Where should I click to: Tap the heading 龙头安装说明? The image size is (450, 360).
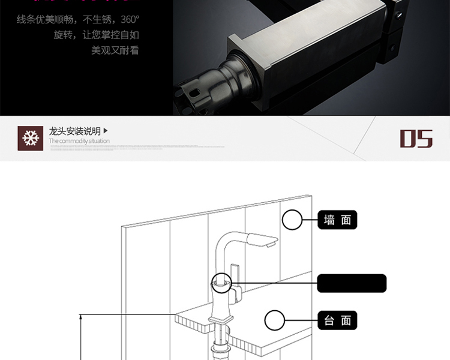[75, 131]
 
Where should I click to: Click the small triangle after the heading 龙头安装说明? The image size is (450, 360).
[106, 130]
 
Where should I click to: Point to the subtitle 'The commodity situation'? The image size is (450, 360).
[79, 142]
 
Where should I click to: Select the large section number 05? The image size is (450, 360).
[416, 139]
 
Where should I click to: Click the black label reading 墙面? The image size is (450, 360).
[337, 220]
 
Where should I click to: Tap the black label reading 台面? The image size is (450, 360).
[337, 320]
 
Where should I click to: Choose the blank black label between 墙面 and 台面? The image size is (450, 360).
[352, 283]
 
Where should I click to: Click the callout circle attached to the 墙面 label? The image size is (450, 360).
[292, 220]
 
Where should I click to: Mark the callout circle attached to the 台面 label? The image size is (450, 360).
[275, 320]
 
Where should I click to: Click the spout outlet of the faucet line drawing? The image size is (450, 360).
[269, 244]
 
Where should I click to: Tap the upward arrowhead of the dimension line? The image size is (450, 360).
[80, 316]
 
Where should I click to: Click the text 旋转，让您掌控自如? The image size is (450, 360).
[96, 35]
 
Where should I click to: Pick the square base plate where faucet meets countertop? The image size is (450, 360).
[220, 318]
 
